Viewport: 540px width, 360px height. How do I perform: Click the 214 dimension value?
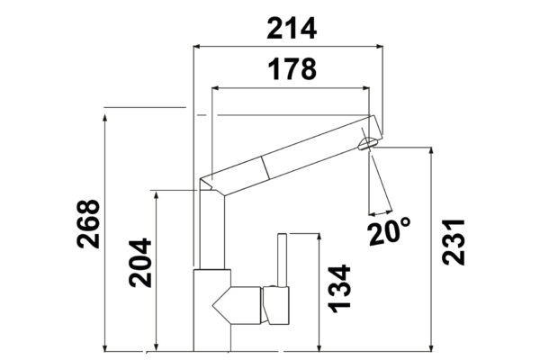pyautogui.click(x=292, y=28)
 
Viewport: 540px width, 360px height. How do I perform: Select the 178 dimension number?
pyautogui.click(x=292, y=69)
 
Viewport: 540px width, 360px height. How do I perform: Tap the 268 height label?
pyautogui.click(x=88, y=224)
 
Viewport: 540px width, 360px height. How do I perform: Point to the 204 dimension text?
pyautogui.click(x=140, y=263)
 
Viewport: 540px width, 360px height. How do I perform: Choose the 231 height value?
pyautogui.click(x=454, y=241)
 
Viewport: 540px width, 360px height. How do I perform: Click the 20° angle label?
pyautogui.click(x=389, y=231)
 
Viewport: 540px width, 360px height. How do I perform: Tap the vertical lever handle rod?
pyautogui.click(x=282, y=260)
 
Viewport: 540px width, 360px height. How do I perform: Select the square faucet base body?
pyautogui.click(x=211, y=310)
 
